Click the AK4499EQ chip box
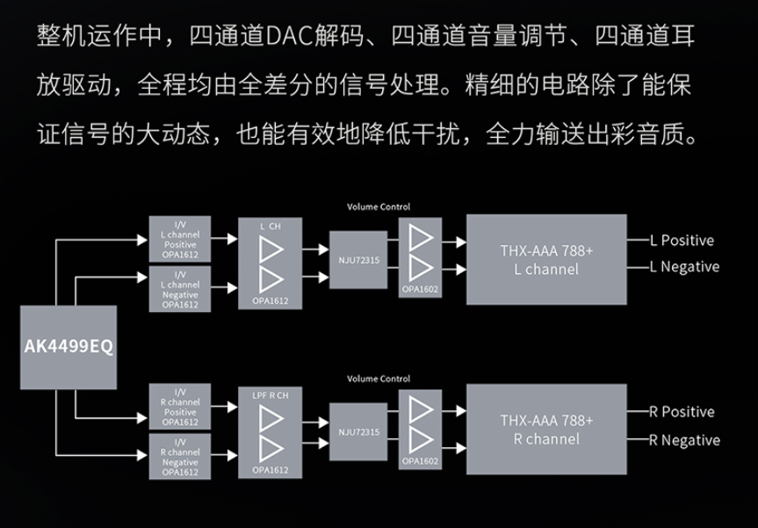pyautogui.click(x=69, y=346)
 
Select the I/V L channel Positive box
pyautogui.click(x=180, y=238)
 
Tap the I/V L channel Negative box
pyautogui.click(x=180, y=289)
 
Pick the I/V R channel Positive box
pyautogui.click(x=180, y=406)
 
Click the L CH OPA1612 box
pyautogui.click(x=270, y=263)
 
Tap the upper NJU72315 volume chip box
pyautogui.click(x=358, y=260)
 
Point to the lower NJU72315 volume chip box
pyautogui.click(x=358, y=431)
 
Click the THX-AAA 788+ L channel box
pyautogui.click(x=546, y=259)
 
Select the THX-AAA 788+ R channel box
pyautogui.click(x=546, y=430)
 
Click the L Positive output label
pyautogui.click(x=682, y=240)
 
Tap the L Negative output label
pyautogui.click(x=684, y=266)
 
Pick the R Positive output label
pyautogui.click(x=682, y=411)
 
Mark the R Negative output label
pyautogui.click(x=684, y=440)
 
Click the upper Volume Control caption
pyautogui.click(x=379, y=207)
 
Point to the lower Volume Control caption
pyautogui.click(x=379, y=379)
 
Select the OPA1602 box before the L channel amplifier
pyautogui.click(x=420, y=257)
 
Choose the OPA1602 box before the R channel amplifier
pyautogui.click(x=420, y=428)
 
